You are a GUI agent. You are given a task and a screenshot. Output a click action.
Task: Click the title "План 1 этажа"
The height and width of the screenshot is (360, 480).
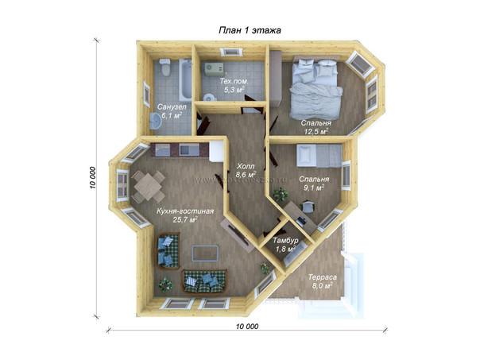[250, 30]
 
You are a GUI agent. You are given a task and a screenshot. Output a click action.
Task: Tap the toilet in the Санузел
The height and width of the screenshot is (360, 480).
[165, 67]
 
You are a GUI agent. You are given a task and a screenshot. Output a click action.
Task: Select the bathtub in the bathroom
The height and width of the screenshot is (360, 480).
[185, 79]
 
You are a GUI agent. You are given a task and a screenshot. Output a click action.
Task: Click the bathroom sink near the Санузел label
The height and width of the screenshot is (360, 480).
[156, 122]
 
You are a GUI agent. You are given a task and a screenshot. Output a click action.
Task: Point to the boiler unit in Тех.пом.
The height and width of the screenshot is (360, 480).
[214, 69]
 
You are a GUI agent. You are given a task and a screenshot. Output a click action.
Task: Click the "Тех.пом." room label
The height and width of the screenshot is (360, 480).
[234, 81]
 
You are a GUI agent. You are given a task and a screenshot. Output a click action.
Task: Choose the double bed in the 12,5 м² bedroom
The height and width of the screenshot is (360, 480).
[315, 88]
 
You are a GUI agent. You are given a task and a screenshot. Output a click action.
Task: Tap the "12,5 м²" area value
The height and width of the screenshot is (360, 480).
[316, 132]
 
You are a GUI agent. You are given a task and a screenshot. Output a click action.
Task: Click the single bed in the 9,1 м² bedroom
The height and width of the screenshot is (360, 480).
[319, 156]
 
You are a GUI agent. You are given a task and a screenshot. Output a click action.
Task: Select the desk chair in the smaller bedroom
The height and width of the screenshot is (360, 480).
[308, 207]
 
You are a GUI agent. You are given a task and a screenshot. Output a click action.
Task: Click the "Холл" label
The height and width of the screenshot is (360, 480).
[246, 167]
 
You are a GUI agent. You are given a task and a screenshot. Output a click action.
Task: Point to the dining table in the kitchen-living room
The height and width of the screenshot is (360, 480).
[149, 187]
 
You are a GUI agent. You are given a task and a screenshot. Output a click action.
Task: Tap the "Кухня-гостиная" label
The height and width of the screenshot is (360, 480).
[185, 211]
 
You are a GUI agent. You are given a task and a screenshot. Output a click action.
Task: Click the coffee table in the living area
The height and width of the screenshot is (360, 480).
[205, 254]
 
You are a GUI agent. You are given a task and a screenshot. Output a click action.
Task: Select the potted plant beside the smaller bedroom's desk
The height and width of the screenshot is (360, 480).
[280, 195]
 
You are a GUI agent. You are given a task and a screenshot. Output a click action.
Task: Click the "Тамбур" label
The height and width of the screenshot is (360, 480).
[285, 241]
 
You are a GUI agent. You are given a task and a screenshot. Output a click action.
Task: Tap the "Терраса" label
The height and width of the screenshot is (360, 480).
[323, 277]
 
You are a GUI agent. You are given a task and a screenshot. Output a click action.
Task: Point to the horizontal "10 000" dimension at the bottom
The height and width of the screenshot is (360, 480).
[247, 327]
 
